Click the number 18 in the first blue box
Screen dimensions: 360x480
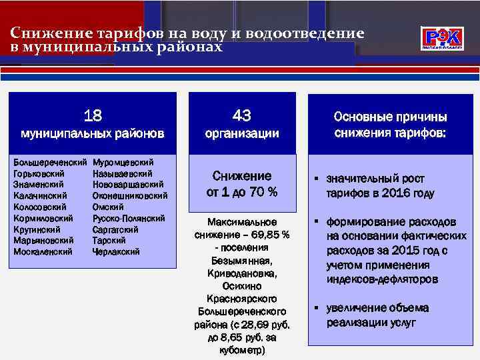pos(93,116)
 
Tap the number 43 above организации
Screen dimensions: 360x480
pos(242,115)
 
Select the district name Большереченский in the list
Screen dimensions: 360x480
pos(50,162)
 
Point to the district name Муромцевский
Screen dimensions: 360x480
pos(123,162)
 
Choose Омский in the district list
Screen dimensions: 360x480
pos(107,207)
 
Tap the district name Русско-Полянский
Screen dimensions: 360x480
pos(128,218)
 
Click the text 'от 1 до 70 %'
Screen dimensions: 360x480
pos(242,192)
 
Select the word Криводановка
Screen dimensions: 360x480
pos(242,273)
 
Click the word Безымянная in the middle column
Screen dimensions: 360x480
pos(242,261)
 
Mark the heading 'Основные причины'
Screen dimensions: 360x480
pos(390,117)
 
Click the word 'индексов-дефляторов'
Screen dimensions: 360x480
pos(382,279)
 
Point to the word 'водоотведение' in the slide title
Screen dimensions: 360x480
pos(305,34)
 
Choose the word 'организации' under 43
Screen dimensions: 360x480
pos(242,133)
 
